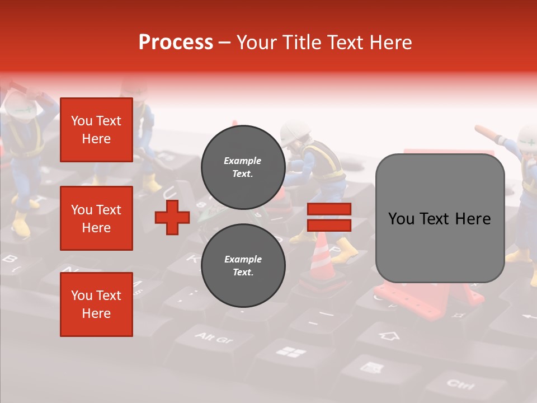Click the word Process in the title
click(x=176, y=43)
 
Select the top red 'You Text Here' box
click(x=96, y=130)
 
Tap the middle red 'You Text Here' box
click(x=96, y=218)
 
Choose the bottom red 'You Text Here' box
click(x=96, y=304)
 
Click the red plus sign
click(x=172, y=217)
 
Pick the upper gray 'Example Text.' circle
click(x=243, y=167)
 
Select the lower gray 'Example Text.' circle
click(x=243, y=265)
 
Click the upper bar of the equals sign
click(x=329, y=209)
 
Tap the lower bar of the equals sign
click(x=329, y=225)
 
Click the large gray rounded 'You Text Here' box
click(x=440, y=218)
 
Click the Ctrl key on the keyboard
click(x=460, y=385)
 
